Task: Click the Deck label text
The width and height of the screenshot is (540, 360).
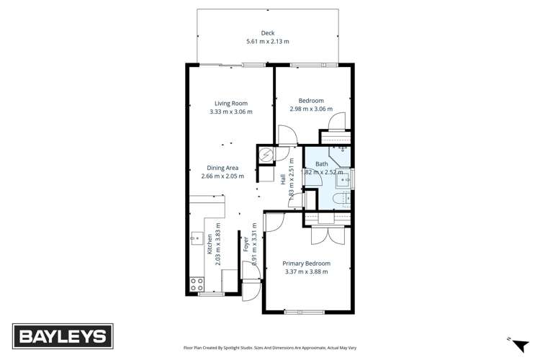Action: coord(268,32)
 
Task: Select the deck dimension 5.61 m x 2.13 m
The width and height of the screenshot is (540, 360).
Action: coord(268,42)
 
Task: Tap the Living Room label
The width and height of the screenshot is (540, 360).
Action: coord(230,103)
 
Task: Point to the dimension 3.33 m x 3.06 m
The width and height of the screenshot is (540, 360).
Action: coord(230,112)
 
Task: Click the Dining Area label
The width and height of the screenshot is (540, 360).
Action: coord(222,167)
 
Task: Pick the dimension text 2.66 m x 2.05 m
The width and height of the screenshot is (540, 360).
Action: coord(222,176)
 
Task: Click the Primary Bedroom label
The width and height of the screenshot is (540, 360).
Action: coord(307,264)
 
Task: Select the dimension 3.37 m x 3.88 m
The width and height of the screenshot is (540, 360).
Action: coord(307,272)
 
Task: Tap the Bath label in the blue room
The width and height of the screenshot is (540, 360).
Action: coord(321,164)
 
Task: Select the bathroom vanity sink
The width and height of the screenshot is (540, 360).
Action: coord(345,178)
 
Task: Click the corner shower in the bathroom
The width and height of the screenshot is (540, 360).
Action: coord(340,154)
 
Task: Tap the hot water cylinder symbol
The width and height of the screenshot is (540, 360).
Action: coord(265,154)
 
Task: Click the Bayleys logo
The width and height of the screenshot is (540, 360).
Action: coord(61,336)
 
